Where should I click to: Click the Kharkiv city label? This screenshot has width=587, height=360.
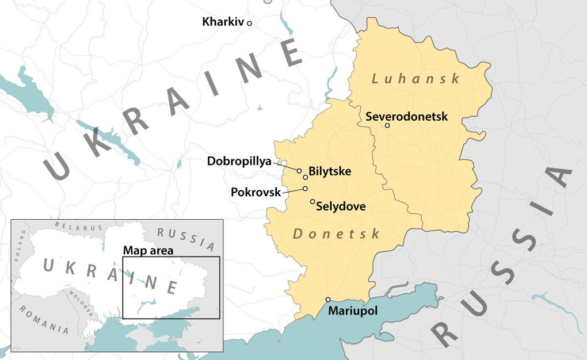pyautogui.click(x=223, y=22)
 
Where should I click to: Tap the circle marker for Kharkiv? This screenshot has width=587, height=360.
pyautogui.click(x=249, y=23)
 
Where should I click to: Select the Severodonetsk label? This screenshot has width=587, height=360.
pyautogui.click(x=406, y=116)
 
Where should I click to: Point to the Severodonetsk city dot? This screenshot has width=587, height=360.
pyautogui.click(x=387, y=125)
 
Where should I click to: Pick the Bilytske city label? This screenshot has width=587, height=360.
pyautogui.click(x=330, y=171)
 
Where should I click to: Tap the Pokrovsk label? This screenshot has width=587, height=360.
pyautogui.click(x=256, y=192)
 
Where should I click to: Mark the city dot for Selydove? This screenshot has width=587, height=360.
pyautogui.click(x=312, y=201)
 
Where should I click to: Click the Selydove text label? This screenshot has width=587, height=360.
pyautogui.click(x=341, y=206)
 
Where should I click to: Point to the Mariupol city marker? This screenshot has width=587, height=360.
pyautogui.click(x=328, y=299)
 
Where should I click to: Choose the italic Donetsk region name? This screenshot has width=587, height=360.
pyautogui.click(x=337, y=234)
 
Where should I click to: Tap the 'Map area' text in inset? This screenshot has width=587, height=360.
pyautogui.click(x=148, y=250)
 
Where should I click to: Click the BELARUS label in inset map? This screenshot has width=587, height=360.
pyautogui.click(x=79, y=227)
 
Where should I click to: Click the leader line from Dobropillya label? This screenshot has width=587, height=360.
pyautogui.click(x=285, y=166)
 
